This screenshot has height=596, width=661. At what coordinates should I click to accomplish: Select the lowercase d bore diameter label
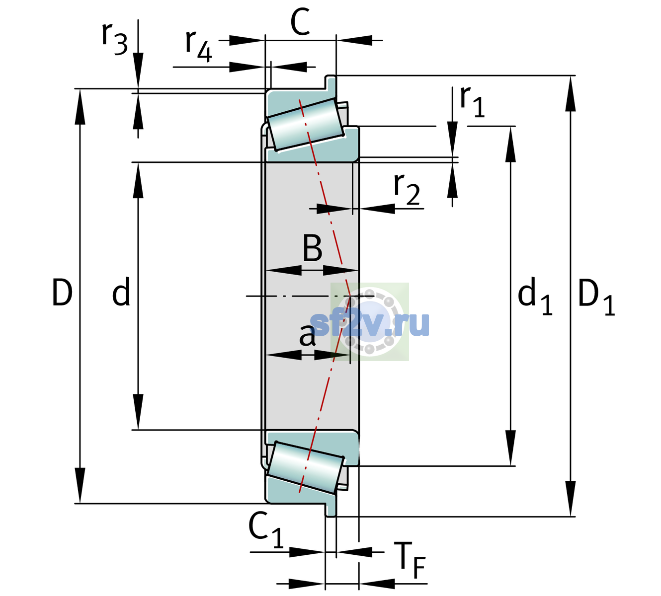coord(121,292)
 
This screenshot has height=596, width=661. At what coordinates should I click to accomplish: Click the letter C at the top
coord(300,22)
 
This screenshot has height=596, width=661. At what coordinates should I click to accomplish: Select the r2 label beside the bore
coord(407,189)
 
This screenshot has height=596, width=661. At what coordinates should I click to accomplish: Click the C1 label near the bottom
coord(265,530)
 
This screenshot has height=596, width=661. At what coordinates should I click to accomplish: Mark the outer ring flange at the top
coord(331,83)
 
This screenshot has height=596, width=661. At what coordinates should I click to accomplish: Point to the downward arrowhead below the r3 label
coord(138,71)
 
